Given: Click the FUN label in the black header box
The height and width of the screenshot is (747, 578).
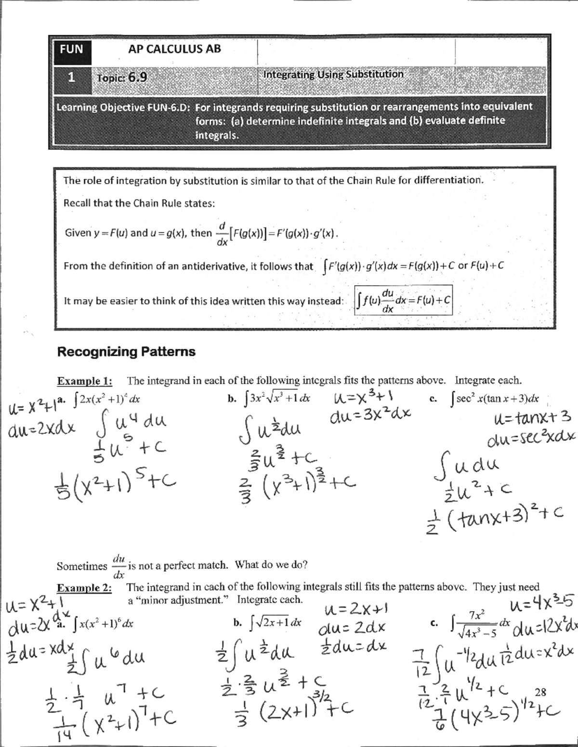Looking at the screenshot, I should coord(71,49).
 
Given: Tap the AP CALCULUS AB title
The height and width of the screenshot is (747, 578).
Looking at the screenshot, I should coord(174,49).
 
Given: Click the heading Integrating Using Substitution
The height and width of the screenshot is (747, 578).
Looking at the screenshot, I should coord(333,74).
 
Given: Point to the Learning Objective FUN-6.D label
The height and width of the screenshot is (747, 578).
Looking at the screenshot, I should coord(125,107).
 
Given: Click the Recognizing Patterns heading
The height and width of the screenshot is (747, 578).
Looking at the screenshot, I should coord(126,352).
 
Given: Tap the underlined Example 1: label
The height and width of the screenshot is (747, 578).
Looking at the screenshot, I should coord(85,381).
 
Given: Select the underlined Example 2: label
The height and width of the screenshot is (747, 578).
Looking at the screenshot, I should coord(84,588).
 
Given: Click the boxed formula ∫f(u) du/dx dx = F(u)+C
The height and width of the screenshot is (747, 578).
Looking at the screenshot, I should coord(403,301).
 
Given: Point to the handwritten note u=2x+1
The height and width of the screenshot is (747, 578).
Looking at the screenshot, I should coord(357,610).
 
